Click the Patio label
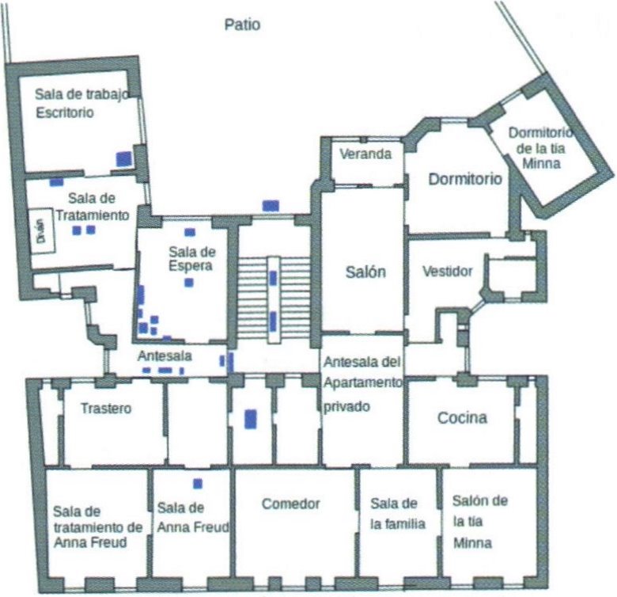(242, 25)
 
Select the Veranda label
(365, 154)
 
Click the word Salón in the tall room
(365, 272)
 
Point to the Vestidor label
(448, 271)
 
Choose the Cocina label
(462, 417)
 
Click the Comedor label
(291, 504)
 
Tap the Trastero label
(106, 408)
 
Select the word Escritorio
(65, 112)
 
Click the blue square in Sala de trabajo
(123, 158)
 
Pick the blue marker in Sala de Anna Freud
(198, 484)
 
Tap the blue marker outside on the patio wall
(271, 206)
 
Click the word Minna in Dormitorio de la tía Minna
(541, 163)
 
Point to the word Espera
(191, 266)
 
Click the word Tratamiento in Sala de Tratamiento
(93, 215)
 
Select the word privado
(346, 407)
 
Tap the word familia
(398, 524)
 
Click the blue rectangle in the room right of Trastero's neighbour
(251, 419)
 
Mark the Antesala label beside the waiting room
(165, 356)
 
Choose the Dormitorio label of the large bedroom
(465, 179)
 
